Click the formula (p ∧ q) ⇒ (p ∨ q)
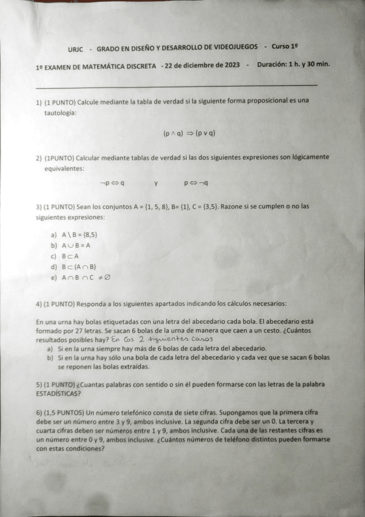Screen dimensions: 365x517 click(x=190, y=133)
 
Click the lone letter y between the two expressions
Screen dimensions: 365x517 click(x=155, y=182)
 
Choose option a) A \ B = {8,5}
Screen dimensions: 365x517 click(x=79, y=235)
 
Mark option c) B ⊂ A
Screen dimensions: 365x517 click(x=70, y=256)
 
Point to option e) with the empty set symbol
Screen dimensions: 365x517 click(x=85, y=277)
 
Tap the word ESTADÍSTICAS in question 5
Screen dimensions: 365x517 click(x=62, y=393)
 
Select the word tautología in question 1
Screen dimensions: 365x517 click(x=60, y=113)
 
